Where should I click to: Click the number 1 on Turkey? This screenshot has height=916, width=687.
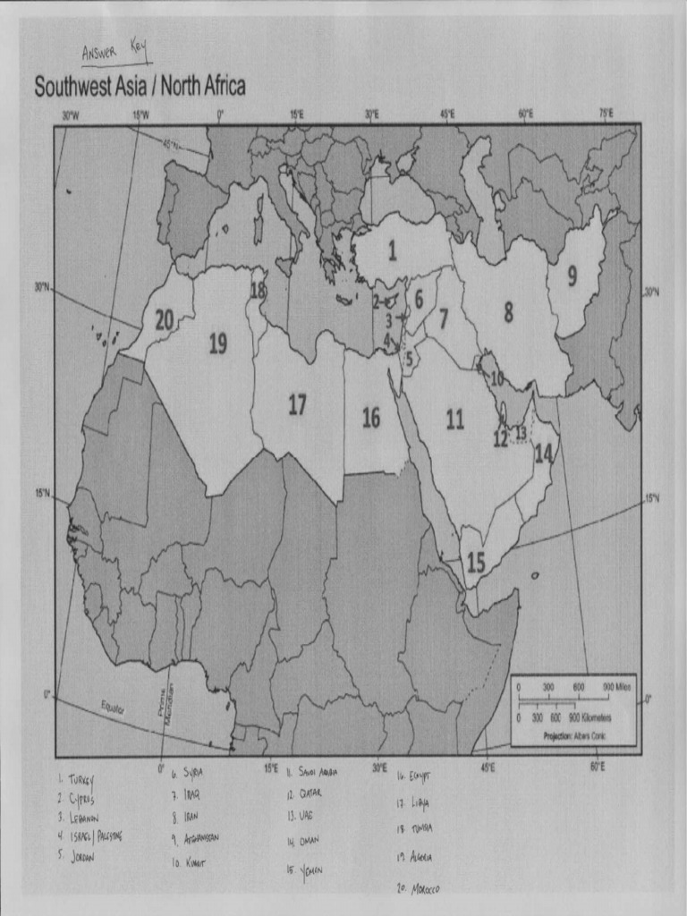coord(392,251)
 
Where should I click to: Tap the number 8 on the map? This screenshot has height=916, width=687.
coord(508,312)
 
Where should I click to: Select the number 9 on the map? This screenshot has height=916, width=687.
coord(572,277)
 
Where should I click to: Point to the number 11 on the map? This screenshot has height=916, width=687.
coord(455,419)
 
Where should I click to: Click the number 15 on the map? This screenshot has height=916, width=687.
coord(476,563)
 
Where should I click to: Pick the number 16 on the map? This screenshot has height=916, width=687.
coord(371,418)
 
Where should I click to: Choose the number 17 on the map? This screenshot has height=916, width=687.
coord(297,405)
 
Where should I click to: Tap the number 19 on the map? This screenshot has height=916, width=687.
coord(218,343)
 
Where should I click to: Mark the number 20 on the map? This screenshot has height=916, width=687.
coord(165,319)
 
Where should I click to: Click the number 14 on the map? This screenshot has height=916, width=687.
coord(543,453)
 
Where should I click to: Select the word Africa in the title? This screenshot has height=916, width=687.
coord(212,87)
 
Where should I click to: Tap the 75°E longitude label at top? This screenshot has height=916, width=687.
coord(605,114)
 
